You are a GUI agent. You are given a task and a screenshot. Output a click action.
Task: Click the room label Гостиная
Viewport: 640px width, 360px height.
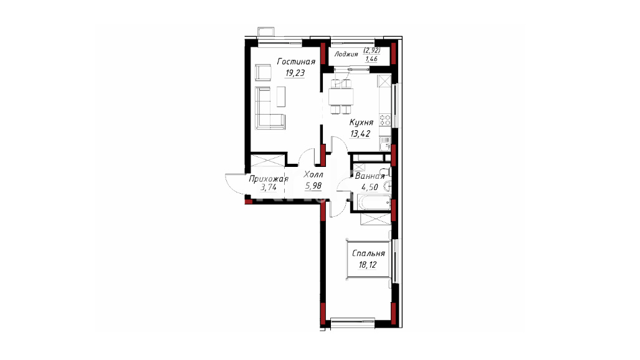[x=296, y=62]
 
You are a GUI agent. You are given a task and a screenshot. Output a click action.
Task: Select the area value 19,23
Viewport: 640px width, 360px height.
[x=295, y=73]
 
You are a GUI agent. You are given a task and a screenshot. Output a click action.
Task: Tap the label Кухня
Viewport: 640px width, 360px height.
[x=361, y=122]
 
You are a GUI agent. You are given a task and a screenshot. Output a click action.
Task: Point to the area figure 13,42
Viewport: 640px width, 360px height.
[x=360, y=133]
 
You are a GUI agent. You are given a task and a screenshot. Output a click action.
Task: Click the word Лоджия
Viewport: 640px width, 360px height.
[x=346, y=54]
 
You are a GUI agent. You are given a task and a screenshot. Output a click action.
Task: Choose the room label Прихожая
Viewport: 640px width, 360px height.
[x=269, y=179]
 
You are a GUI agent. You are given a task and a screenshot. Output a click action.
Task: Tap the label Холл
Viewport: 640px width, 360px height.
[x=313, y=174]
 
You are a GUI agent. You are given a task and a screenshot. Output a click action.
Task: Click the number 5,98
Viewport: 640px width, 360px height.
[x=313, y=186]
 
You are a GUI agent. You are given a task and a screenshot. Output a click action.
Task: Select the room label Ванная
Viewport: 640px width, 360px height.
[x=370, y=176]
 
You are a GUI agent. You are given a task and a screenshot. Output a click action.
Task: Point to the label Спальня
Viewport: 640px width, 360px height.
[x=368, y=253]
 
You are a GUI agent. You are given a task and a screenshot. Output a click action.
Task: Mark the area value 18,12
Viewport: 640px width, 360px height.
[x=367, y=265]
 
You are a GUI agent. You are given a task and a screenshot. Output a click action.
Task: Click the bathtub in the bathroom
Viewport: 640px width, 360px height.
[x=374, y=202]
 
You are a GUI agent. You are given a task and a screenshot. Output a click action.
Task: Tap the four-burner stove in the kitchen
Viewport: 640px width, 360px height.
[x=385, y=120]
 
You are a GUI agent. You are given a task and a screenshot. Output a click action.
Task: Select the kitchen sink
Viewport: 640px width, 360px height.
[x=385, y=143]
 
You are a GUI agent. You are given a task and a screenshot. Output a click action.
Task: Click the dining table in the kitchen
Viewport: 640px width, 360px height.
[x=341, y=97]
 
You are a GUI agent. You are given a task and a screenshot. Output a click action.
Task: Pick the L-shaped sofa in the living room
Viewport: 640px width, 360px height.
[x=269, y=108]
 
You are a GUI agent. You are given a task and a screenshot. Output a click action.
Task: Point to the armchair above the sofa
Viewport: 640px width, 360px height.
[x=263, y=73]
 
